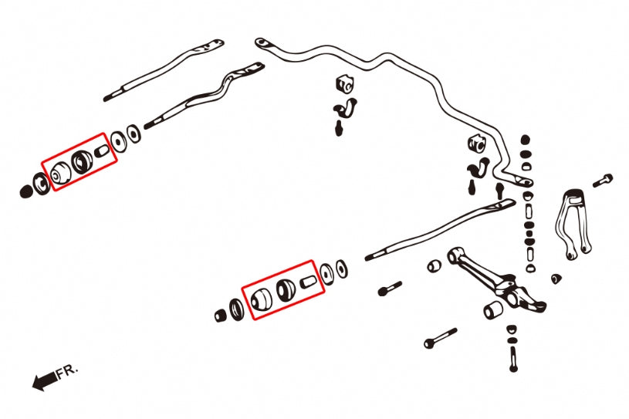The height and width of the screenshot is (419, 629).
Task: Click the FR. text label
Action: click(68, 372)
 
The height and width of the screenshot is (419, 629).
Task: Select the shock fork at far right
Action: click(571, 222)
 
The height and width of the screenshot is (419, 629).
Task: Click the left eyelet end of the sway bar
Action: click(262, 42)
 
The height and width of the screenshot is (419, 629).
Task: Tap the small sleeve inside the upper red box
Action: click(102, 153)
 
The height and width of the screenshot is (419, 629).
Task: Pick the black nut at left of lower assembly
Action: click(220, 315)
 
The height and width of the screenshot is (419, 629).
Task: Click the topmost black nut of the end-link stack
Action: click(526, 140)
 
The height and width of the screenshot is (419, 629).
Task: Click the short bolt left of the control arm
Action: click(389, 289)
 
